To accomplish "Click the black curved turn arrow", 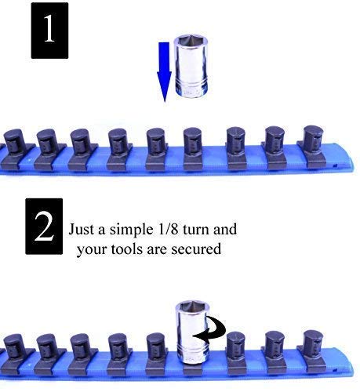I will [x=212, y=336].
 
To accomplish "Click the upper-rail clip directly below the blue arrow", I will [x=155, y=142].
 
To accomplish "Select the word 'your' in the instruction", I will [x=90, y=250].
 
